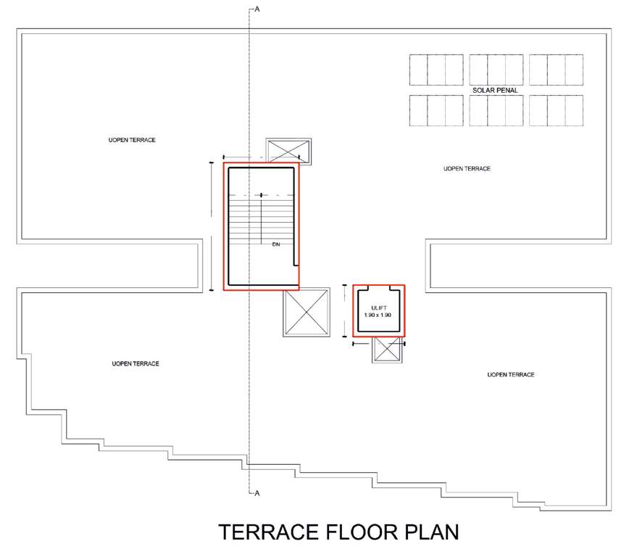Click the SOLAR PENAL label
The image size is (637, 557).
[x=495, y=90]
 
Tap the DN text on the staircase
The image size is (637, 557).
[x=276, y=244]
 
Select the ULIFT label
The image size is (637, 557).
[x=378, y=308]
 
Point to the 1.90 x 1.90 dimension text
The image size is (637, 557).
[x=378, y=315]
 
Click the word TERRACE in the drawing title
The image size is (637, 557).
[x=268, y=532]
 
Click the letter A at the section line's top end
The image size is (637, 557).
[x=257, y=9]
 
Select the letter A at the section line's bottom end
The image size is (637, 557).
[x=257, y=493]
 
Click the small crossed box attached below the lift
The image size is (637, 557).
[x=388, y=350]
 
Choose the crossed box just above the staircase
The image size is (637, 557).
[x=288, y=152]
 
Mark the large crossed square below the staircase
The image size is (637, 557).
[x=307, y=313]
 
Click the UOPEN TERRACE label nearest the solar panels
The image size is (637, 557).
[x=467, y=168]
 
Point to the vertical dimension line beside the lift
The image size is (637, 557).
[x=345, y=311]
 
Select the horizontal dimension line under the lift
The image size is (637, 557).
[x=378, y=344]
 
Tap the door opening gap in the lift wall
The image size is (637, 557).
[x=378, y=288]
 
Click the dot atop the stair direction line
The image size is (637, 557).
[x=261, y=195]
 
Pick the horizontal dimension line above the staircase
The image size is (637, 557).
[x=261, y=157]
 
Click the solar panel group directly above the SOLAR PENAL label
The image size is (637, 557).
[x=496, y=70]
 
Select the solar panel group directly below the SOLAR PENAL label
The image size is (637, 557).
[x=496, y=110]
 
